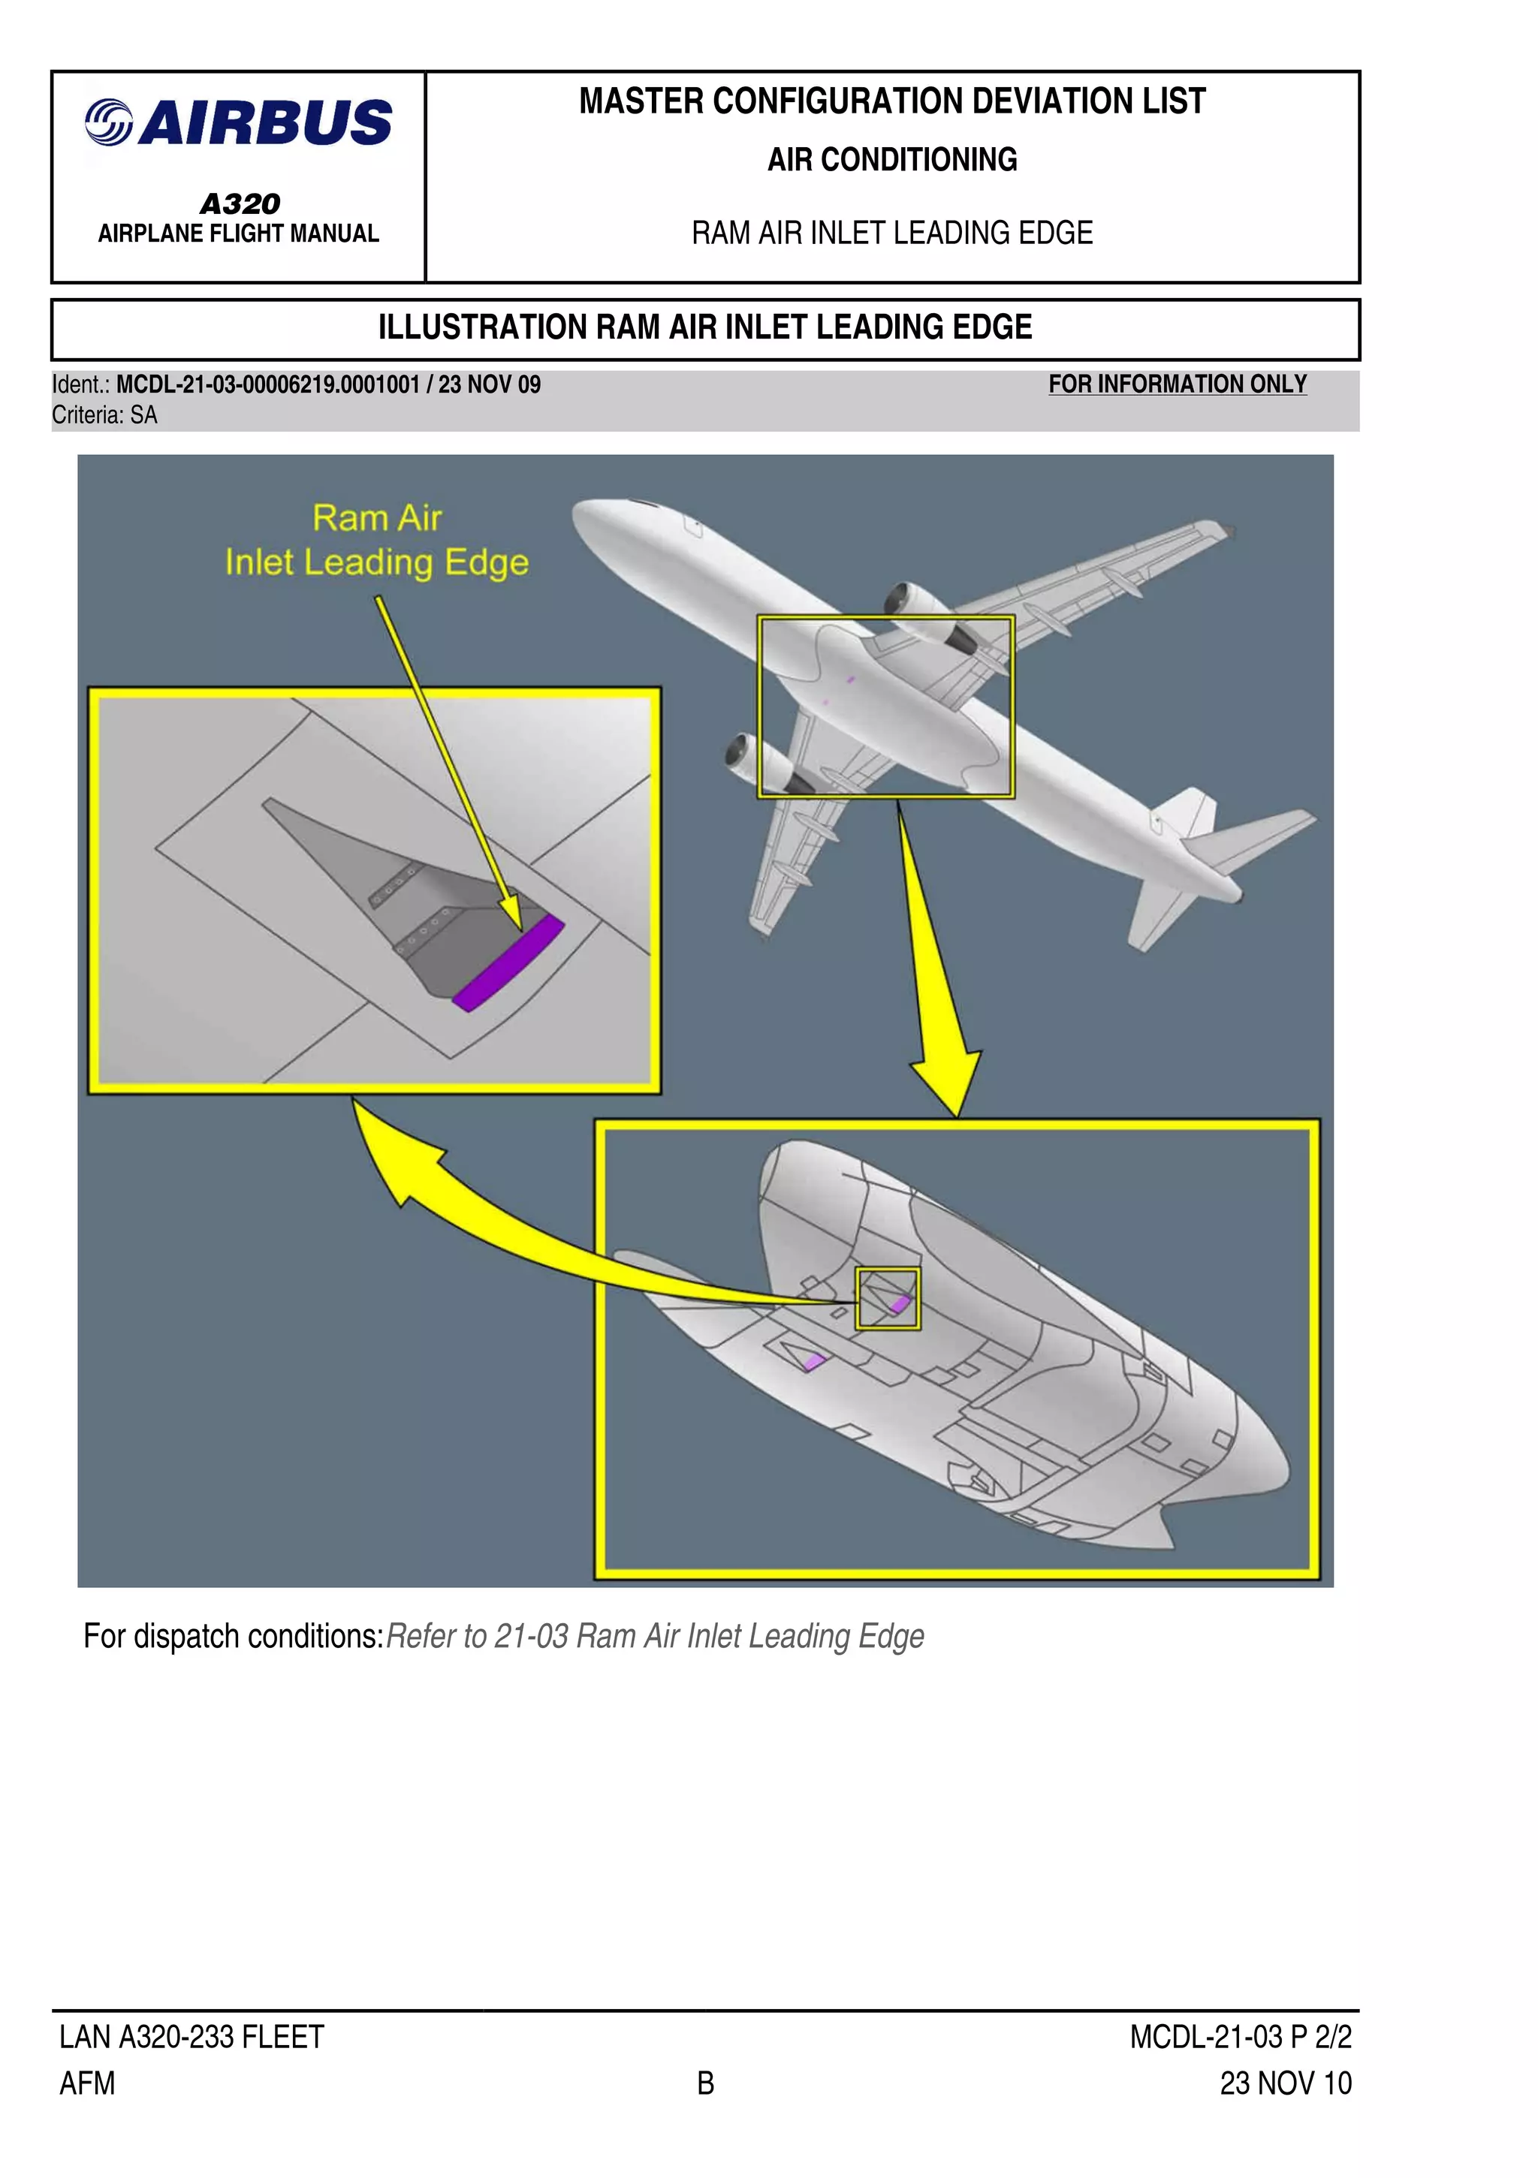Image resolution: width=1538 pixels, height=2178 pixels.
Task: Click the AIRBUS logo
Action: coord(238,123)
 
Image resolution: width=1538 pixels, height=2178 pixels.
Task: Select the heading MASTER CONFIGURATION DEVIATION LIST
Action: coord(892,101)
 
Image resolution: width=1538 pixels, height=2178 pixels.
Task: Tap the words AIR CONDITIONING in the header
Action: coord(892,159)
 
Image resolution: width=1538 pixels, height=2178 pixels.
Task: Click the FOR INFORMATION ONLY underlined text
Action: coord(1177,384)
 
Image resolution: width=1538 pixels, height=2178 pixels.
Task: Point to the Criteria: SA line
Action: coord(104,415)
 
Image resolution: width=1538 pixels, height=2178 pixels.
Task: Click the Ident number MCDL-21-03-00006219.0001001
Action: coord(267,385)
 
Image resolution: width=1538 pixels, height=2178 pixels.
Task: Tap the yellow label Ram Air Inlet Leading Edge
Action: coord(377,541)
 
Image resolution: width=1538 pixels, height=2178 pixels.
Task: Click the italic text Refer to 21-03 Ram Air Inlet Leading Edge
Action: coord(655,1637)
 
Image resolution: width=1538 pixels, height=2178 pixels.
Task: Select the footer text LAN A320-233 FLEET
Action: coord(191,2037)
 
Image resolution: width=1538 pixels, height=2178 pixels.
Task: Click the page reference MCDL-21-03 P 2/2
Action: coord(1240,2037)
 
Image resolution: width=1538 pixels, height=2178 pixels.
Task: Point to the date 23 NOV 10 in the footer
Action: coord(1285,2083)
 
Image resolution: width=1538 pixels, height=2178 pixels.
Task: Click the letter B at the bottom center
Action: coord(705,2083)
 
